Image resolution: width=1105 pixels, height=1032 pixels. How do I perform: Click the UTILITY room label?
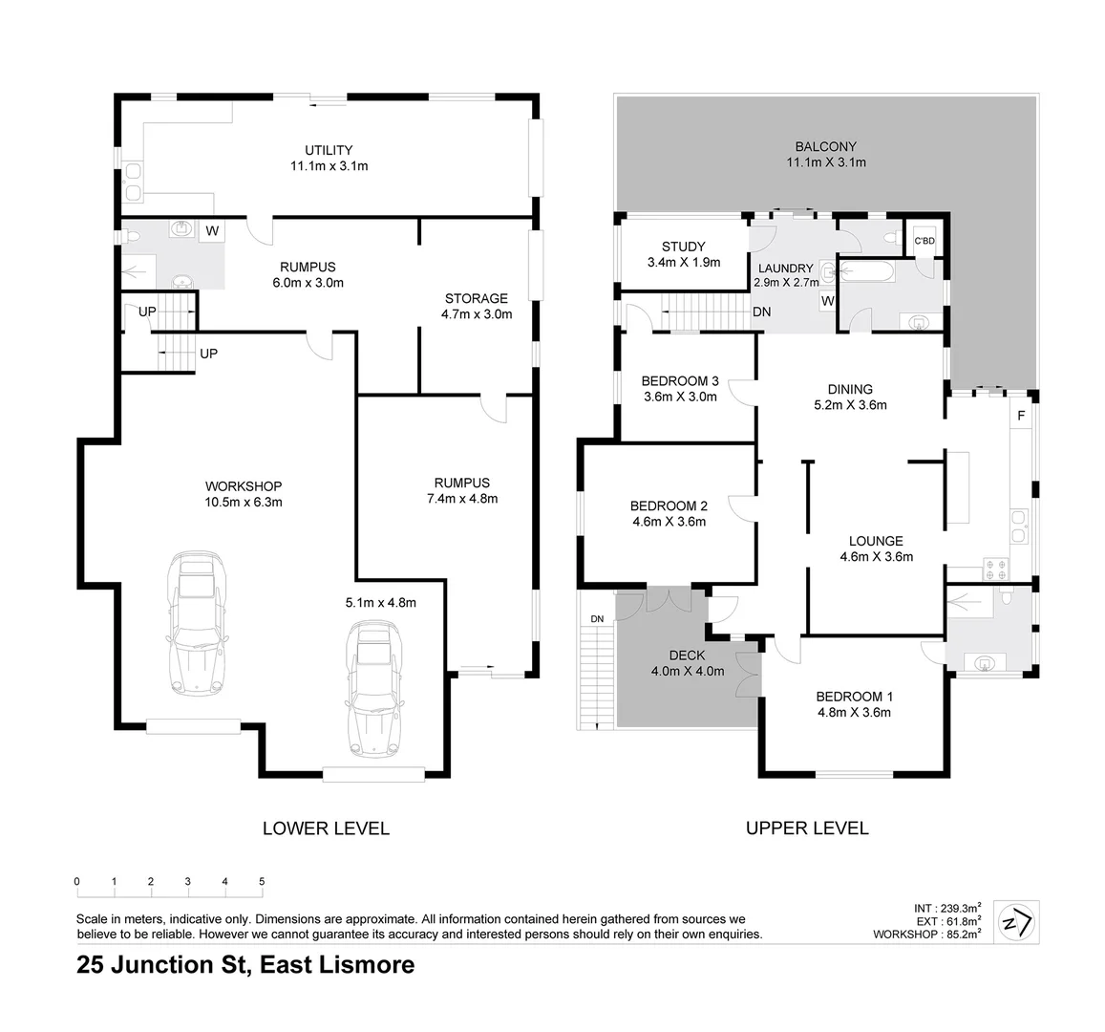coord(329,150)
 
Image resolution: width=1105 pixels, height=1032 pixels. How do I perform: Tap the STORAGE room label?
coord(475,298)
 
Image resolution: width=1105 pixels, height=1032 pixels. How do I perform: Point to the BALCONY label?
coord(825,146)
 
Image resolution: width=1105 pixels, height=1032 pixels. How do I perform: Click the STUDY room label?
coord(683,247)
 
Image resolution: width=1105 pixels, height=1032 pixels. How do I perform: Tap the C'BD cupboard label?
coord(924,241)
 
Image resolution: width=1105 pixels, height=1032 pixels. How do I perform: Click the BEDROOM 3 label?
coord(679,380)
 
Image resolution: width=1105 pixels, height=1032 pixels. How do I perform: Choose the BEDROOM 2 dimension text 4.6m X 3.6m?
coord(668,522)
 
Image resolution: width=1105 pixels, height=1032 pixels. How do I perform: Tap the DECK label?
coord(687,655)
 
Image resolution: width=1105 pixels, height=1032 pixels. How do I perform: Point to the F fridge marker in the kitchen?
coord(1021,416)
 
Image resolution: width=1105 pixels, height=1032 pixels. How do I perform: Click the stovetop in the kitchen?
coord(997,570)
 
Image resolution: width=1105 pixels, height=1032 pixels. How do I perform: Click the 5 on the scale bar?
coord(262,881)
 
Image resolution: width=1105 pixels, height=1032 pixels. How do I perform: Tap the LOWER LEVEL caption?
coord(326,828)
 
